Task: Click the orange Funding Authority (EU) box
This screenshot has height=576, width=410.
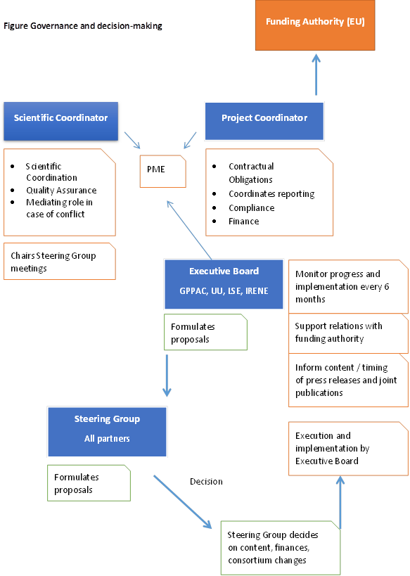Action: click(x=315, y=25)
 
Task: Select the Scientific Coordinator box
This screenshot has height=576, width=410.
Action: click(x=61, y=121)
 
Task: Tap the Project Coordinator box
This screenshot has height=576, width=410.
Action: click(x=264, y=121)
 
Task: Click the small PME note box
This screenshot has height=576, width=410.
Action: click(x=162, y=171)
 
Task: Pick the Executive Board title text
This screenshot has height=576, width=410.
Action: click(x=224, y=271)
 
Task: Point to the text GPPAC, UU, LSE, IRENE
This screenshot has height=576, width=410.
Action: click(x=224, y=291)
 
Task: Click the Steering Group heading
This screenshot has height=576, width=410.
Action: click(x=107, y=419)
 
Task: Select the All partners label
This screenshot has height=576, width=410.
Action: click(x=107, y=439)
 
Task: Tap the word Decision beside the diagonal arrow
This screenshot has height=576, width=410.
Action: click(x=206, y=482)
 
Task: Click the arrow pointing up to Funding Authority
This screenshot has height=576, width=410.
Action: click(x=316, y=75)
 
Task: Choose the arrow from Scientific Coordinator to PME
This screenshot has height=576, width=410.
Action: click(x=132, y=141)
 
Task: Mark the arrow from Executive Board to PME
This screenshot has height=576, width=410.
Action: click(x=189, y=230)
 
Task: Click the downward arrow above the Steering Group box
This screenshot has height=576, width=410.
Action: click(x=167, y=376)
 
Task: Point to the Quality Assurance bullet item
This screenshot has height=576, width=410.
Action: click(x=61, y=191)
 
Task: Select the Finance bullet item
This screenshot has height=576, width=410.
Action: click(x=244, y=222)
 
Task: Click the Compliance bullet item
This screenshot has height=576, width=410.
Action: click(x=252, y=208)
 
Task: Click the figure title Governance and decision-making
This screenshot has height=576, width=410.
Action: click(x=83, y=26)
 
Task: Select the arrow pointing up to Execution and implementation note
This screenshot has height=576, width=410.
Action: click(x=340, y=503)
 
